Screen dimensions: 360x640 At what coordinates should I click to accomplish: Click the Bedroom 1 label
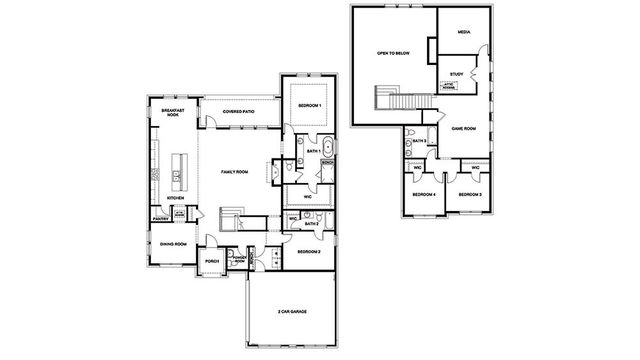310,105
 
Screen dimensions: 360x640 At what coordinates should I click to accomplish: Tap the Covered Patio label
237,112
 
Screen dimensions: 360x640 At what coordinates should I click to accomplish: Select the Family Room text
234,172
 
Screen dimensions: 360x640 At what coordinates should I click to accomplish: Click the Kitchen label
176,199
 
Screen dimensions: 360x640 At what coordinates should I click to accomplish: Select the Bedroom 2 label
309,251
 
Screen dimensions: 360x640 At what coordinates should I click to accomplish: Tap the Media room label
463,32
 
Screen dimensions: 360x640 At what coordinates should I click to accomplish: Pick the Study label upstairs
456,73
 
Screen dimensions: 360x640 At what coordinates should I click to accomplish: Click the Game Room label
462,129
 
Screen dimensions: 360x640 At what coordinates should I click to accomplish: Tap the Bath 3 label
421,142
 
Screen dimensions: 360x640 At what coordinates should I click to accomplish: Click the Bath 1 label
313,151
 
